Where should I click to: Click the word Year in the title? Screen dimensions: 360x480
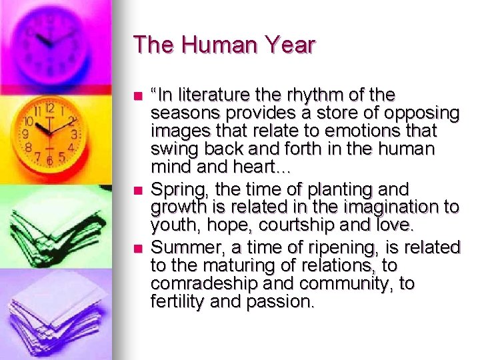(287, 45)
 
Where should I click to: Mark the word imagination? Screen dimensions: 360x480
(387, 209)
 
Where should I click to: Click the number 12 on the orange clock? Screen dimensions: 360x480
(49, 107)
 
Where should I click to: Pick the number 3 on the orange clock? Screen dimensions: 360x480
(74, 134)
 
